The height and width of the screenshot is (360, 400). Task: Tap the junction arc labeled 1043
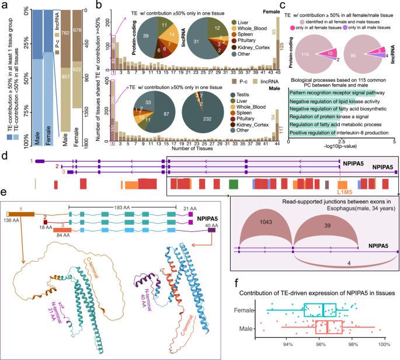point(264,231)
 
